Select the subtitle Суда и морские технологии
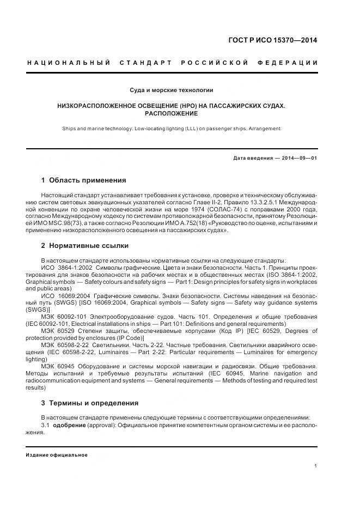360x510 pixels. (172, 89)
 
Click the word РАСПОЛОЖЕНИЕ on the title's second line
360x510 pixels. (171, 113)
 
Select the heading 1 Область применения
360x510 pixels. (83, 180)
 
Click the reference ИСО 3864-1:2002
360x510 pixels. (66, 268)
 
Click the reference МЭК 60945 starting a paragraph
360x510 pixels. (58, 366)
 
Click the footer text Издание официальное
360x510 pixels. (57, 455)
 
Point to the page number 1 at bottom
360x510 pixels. (316, 466)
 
